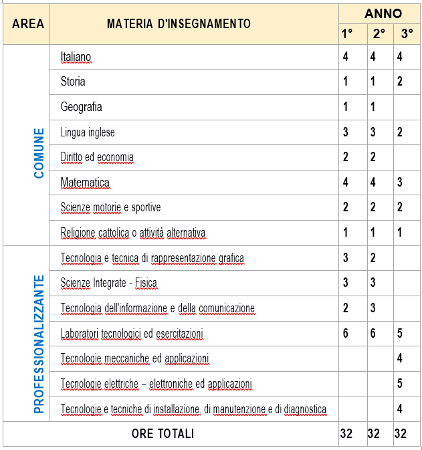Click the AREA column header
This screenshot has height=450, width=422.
click(x=28, y=23)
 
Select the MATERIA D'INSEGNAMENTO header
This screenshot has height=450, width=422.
click(x=179, y=23)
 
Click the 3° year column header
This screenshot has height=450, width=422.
click(x=406, y=33)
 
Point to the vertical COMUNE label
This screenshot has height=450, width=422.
click(x=39, y=153)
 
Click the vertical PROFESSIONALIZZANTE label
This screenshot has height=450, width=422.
click(x=39, y=343)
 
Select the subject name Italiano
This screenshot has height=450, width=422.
click(x=76, y=57)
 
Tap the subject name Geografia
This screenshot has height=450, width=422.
click(x=81, y=107)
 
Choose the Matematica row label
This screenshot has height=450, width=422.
click(x=85, y=183)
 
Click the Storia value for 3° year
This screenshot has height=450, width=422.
click(x=399, y=82)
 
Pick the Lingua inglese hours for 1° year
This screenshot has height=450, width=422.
click(x=346, y=132)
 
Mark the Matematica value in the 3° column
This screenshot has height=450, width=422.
click(x=399, y=183)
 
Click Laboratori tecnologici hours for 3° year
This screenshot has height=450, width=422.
click(x=399, y=333)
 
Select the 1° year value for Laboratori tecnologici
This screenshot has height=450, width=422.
click(x=346, y=333)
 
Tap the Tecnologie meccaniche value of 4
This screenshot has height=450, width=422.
click(x=399, y=358)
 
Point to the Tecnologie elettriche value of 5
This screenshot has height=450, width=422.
click(x=399, y=383)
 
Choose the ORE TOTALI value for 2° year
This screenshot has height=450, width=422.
click(x=373, y=434)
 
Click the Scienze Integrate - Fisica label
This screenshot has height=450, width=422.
click(x=108, y=283)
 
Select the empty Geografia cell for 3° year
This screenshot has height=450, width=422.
click(x=406, y=107)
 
